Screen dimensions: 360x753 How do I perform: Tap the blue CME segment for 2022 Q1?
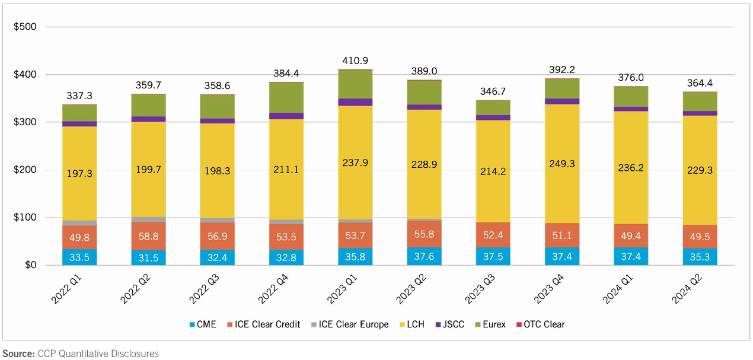(79, 257)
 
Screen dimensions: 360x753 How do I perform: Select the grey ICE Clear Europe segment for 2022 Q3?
(217, 220)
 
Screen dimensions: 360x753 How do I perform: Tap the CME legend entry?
(206, 324)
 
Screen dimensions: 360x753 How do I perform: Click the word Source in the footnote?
(18, 353)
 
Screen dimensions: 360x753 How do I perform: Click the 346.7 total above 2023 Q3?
(493, 91)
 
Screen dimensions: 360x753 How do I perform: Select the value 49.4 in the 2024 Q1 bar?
(630, 236)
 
